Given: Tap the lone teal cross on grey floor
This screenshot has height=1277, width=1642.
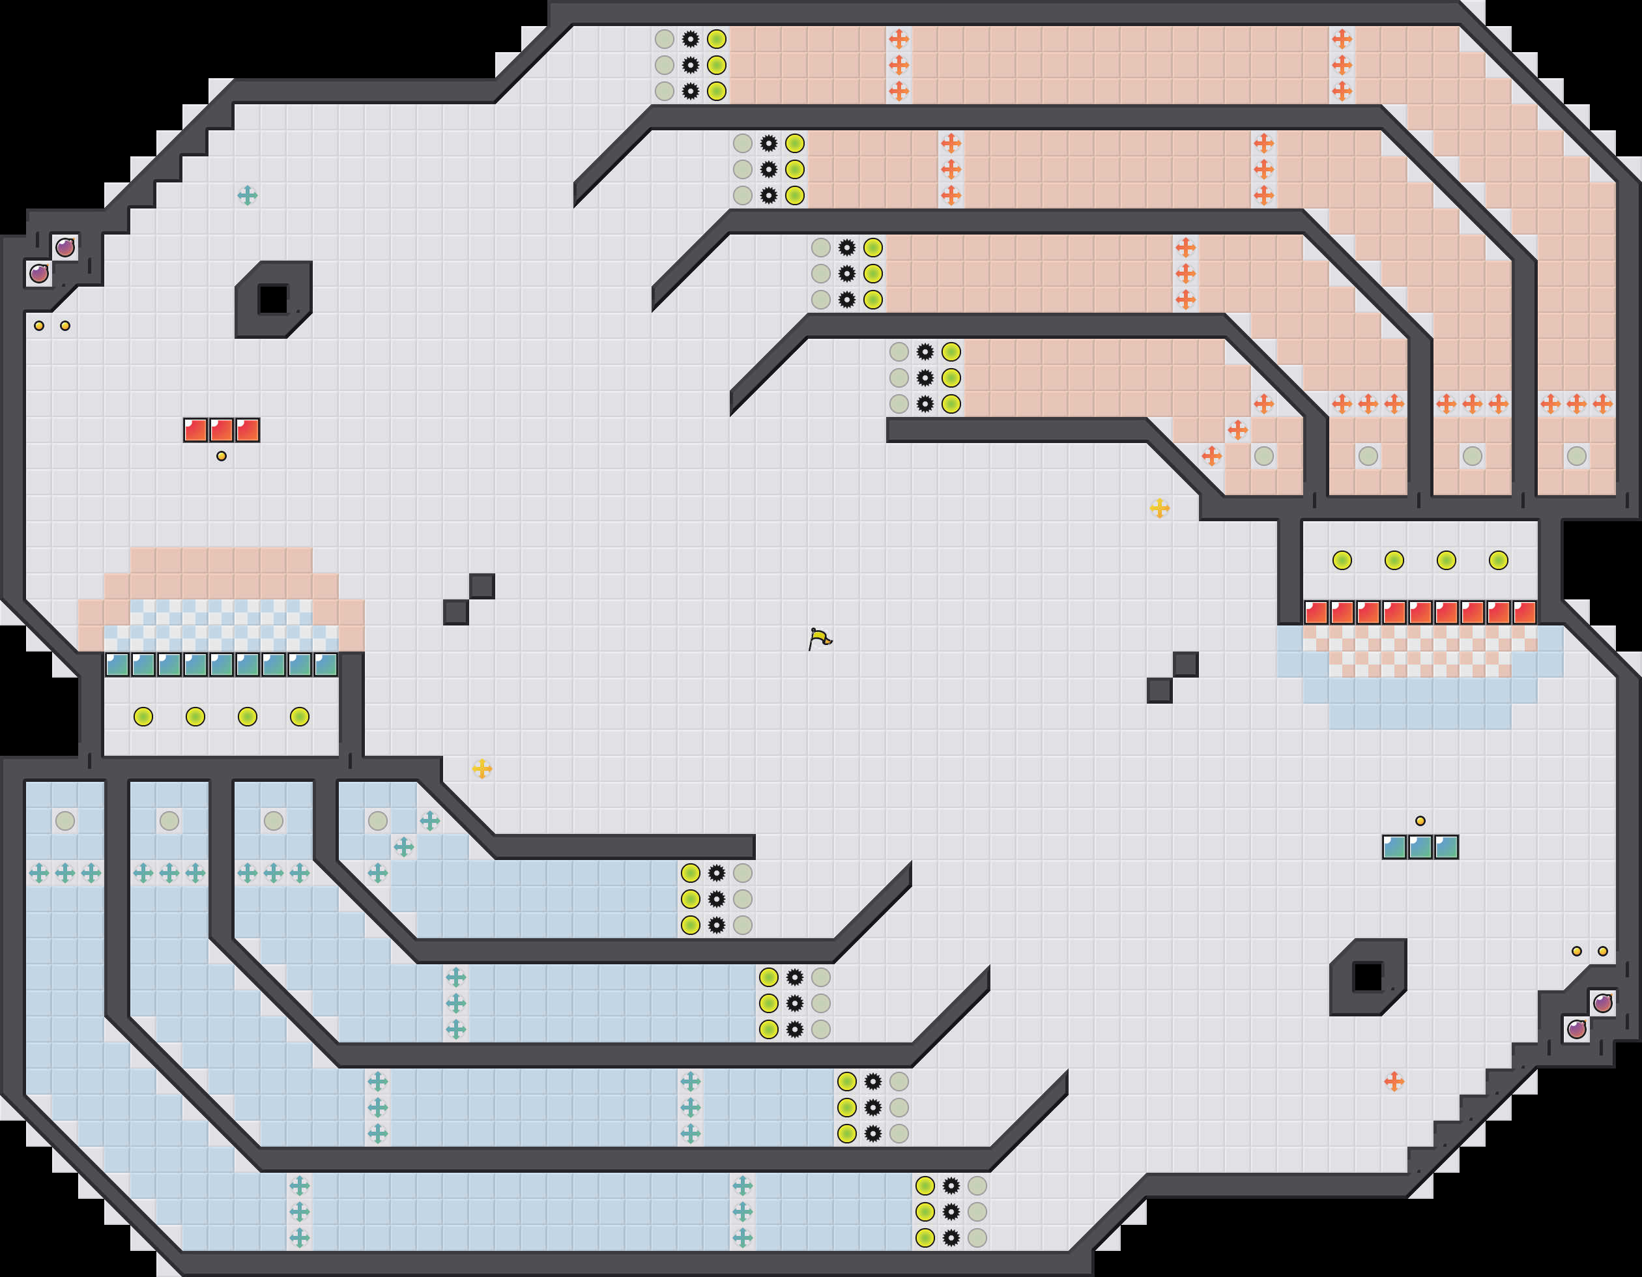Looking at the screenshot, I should click(248, 195).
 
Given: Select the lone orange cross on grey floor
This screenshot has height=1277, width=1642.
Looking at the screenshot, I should click(1394, 1082).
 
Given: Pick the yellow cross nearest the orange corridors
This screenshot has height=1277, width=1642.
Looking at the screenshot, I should click(1159, 508).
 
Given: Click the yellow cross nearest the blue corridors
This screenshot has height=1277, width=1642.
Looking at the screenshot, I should click(482, 768).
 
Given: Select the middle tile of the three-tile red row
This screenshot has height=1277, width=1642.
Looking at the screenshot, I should click(221, 430).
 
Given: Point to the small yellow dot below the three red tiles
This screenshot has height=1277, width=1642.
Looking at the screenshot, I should click(221, 456).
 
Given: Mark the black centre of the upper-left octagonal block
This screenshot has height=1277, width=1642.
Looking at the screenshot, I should click(273, 299).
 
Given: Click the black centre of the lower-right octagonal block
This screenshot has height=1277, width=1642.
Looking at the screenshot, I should click(1368, 977).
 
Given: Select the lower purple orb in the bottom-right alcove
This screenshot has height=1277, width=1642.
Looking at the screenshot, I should click(1577, 1029).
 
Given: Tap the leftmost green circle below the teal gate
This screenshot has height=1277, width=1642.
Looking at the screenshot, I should click(143, 716).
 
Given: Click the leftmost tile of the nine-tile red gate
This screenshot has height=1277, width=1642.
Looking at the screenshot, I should click(1316, 612).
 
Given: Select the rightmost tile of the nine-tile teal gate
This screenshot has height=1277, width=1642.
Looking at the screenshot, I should click(326, 665).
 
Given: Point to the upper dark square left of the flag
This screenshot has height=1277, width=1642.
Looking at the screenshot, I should click(482, 586).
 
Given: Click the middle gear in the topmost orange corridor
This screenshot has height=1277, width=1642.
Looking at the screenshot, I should click(690, 65).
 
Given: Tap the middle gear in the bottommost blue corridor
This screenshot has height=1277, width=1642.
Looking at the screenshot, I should click(951, 1212).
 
